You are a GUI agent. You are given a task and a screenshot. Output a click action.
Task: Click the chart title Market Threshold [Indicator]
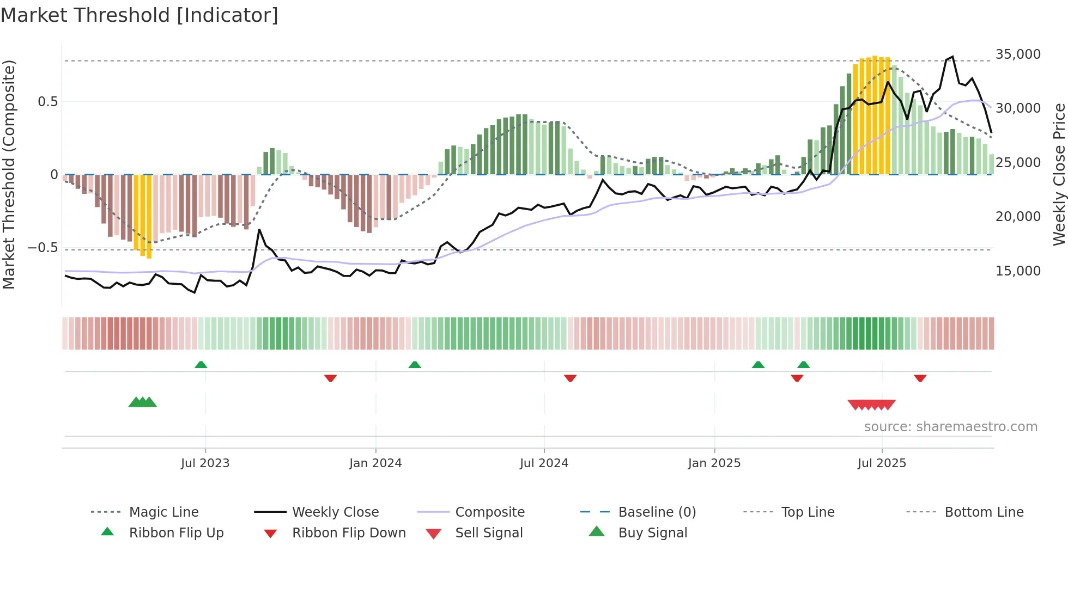pyautogui.click(x=139, y=15)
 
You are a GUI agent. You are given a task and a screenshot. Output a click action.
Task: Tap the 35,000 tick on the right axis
pyautogui.click(x=1017, y=54)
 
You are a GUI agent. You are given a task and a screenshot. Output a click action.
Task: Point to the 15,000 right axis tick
pyautogui.click(x=1017, y=271)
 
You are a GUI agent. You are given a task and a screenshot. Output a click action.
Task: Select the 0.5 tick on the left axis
pyautogui.click(x=47, y=102)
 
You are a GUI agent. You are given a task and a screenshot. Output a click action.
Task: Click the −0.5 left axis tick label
pyautogui.click(x=43, y=248)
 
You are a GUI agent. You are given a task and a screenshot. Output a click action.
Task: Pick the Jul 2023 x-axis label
pyautogui.click(x=205, y=463)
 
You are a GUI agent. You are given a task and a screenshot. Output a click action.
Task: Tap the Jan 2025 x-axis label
pyautogui.click(x=714, y=463)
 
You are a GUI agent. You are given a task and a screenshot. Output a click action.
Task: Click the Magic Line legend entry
pyautogui.click(x=163, y=512)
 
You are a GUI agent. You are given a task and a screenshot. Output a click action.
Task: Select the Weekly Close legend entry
pyautogui.click(x=335, y=512)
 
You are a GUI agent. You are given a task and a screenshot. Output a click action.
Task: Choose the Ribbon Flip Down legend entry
pyautogui.click(x=349, y=533)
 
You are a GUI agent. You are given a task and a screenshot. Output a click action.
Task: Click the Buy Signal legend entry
pyautogui.click(x=652, y=533)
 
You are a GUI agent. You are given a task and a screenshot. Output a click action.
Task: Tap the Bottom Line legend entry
pyautogui.click(x=984, y=512)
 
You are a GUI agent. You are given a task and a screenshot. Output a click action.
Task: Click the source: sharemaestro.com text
pyautogui.click(x=950, y=427)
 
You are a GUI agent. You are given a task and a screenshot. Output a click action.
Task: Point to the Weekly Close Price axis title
pyautogui.click(x=1059, y=174)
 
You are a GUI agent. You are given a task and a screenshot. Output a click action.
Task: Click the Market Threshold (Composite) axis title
pyautogui.click(x=9, y=174)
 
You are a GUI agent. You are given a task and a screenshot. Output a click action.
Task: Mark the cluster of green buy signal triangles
pyautogui.click(x=142, y=402)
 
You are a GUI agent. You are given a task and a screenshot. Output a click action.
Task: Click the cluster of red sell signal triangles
pyautogui.click(x=871, y=405)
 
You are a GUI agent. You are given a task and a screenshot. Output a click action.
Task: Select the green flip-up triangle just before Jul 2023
pyautogui.click(x=201, y=365)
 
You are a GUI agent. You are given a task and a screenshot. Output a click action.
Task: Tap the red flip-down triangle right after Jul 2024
pyautogui.click(x=570, y=378)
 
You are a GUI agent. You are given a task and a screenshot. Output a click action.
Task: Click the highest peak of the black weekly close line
pyautogui.click(x=952, y=57)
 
